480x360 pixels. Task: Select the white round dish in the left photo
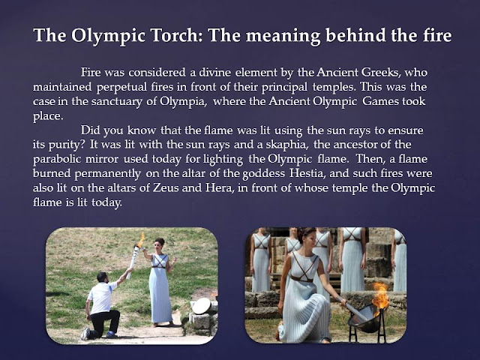201,306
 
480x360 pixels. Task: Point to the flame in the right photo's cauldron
381,294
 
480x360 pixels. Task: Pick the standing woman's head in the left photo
159,244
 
